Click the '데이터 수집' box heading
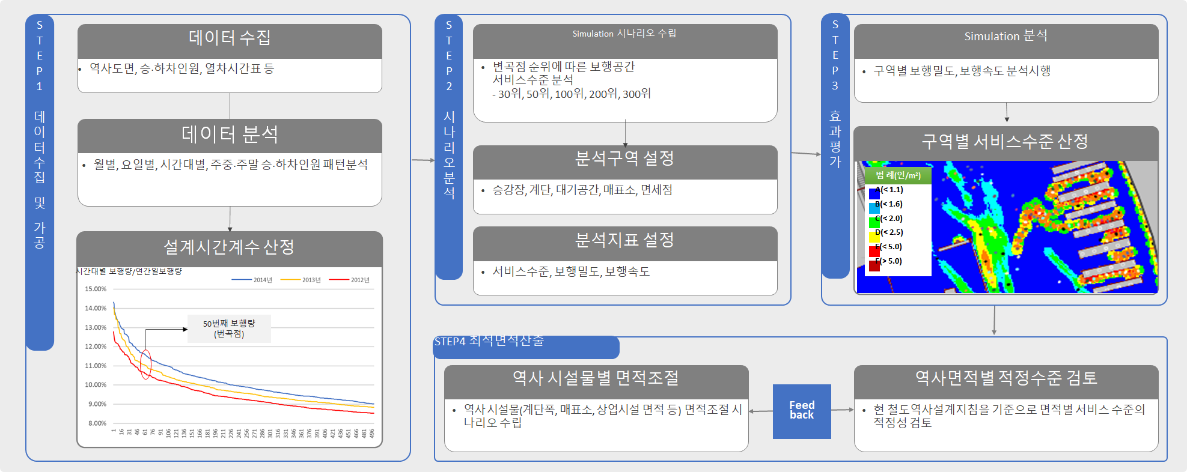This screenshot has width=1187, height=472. pyautogui.click(x=230, y=38)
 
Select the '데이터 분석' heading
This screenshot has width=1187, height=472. pyautogui.click(x=230, y=135)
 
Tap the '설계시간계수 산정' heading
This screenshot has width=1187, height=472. pyautogui.click(x=230, y=247)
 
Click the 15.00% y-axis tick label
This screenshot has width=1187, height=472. pyautogui.click(x=96, y=289)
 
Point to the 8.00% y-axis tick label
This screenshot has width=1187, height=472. pyautogui.click(x=97, y=423)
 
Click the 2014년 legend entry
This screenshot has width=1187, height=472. pyautogui.click(x=252, y=280)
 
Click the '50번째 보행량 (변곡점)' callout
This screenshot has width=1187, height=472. pyautogui.click(x=229, y=328)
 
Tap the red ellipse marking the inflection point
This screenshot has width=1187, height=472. pyautogui.click(x=145, y=364)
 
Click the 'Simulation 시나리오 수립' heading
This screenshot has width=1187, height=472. pyautogui.click(x=624, y=34)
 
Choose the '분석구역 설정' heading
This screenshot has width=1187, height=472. pyautogui.click(x=624, y=159)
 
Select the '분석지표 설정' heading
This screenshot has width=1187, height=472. pyautogui.click(x=624, y=240)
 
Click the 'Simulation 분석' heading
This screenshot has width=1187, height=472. pyautogui.click(x=1005, y=36)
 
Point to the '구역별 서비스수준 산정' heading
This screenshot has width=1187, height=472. pyautogui.click(x=1005, y=142)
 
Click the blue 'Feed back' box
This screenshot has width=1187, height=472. pyautogui.click(x=802, y=411)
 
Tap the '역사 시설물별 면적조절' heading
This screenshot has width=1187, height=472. pyautogui.click(x=596, y=378)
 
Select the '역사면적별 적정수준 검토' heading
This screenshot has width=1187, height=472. pyautogui.click(x=1005, y=378)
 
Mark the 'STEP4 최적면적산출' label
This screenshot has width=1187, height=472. pyautogui.click(x=489, y=341)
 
